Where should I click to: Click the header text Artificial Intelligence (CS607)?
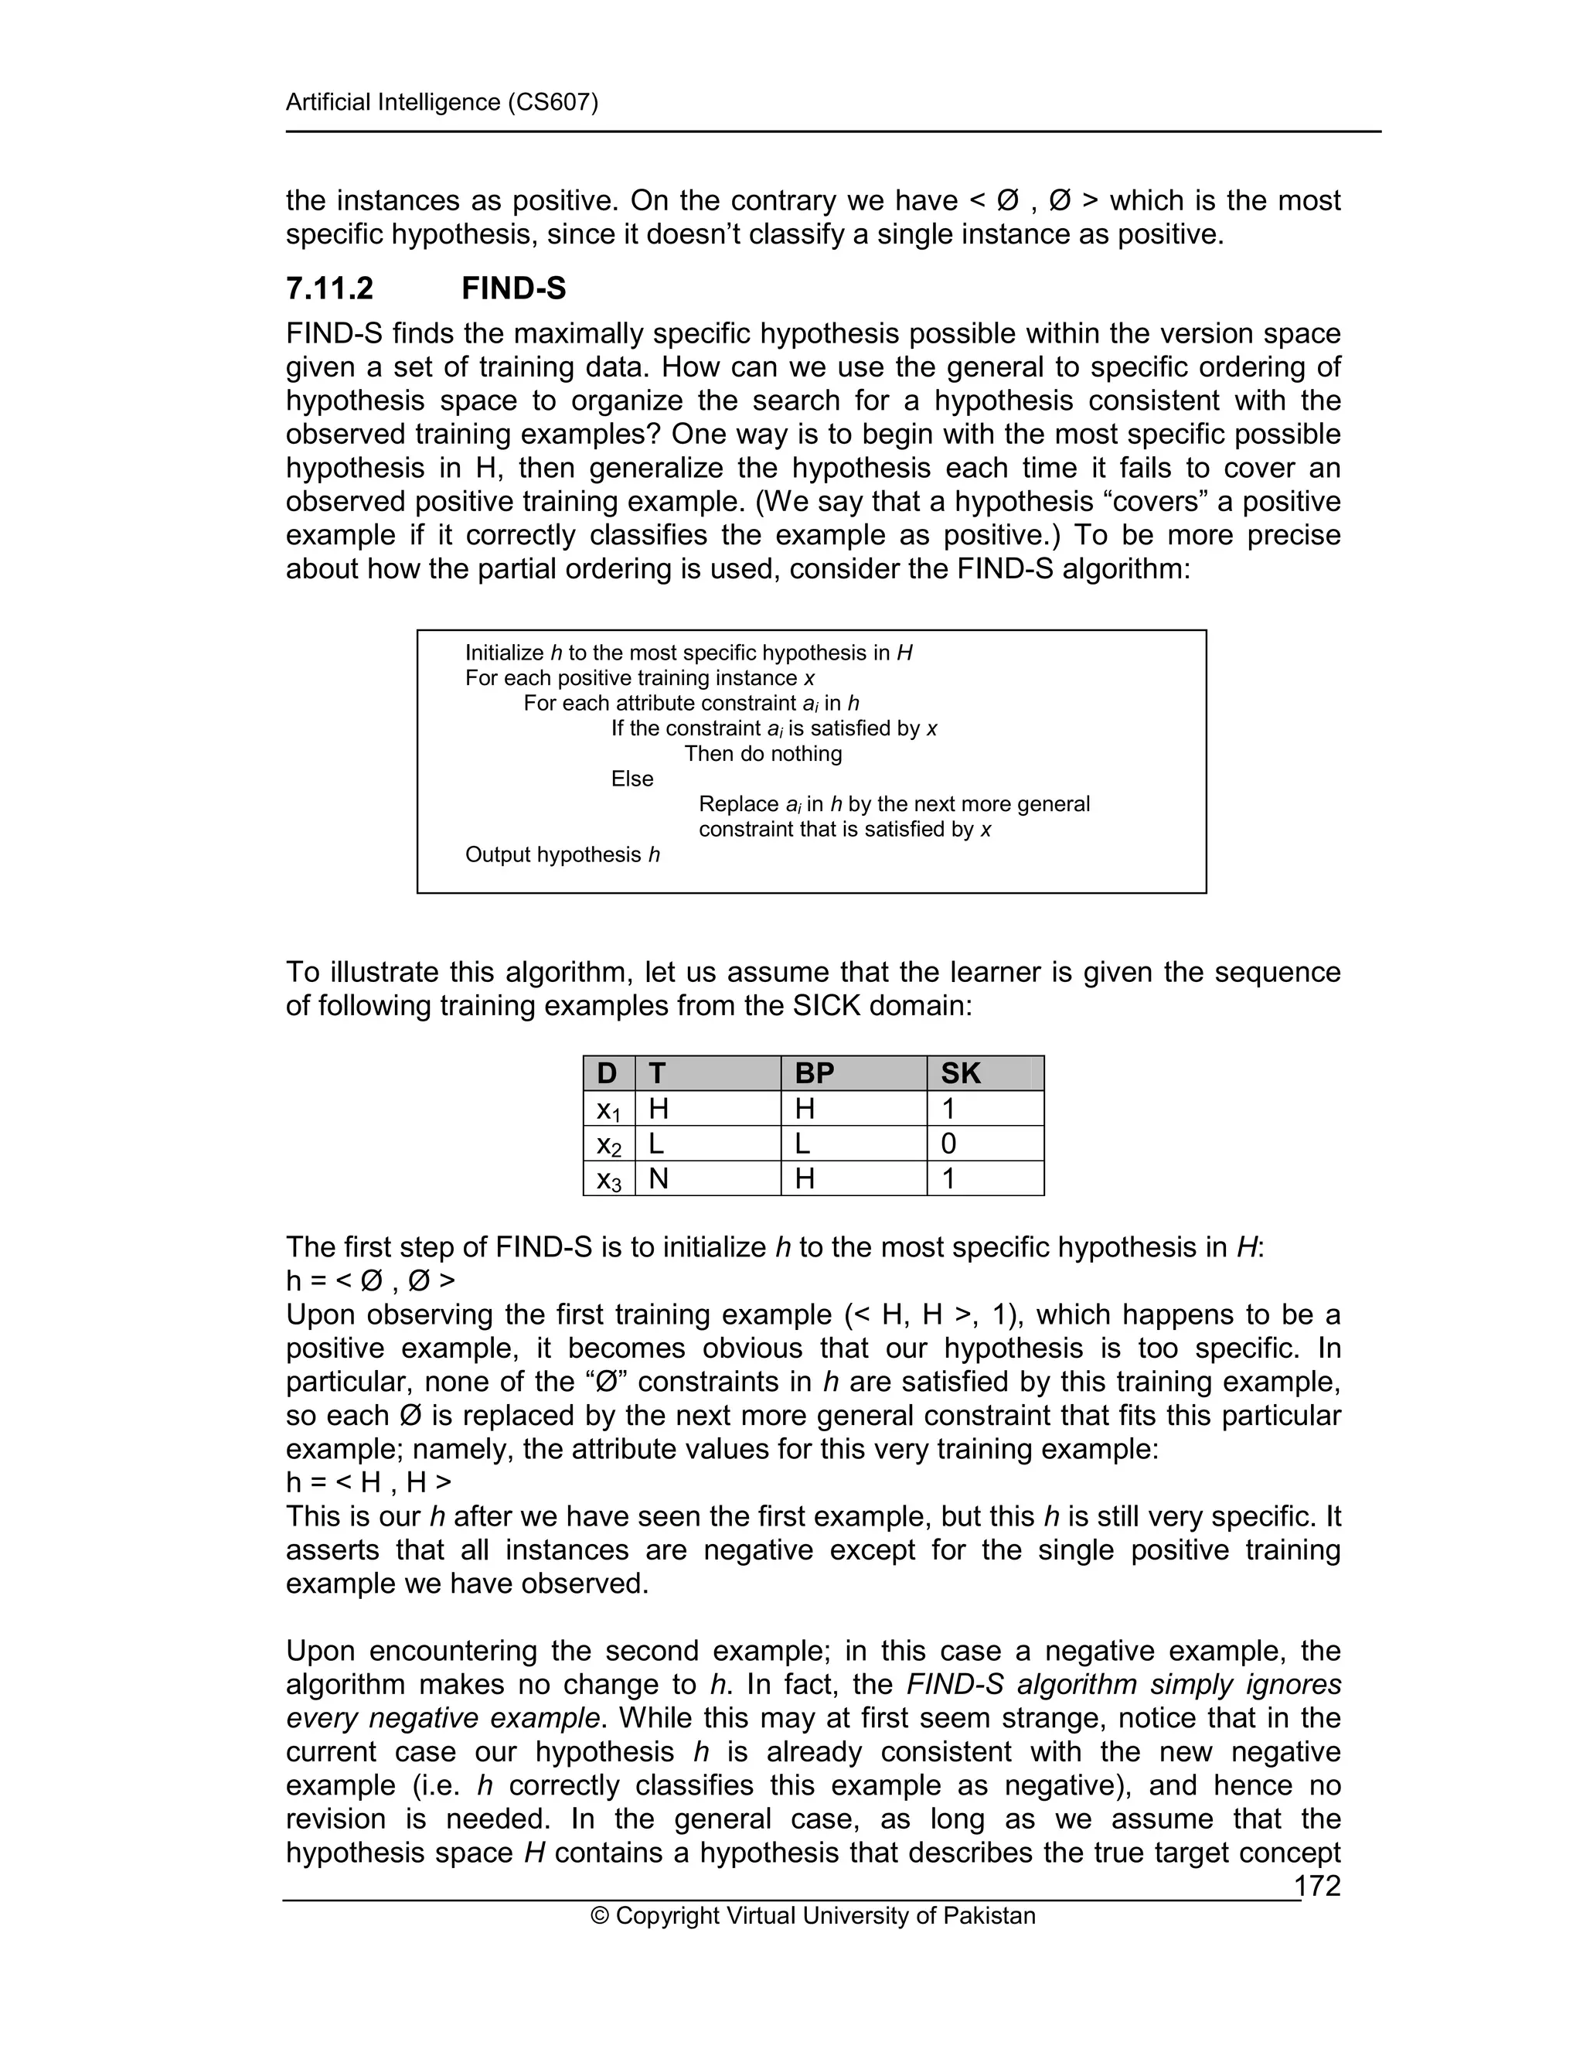pos(441,101)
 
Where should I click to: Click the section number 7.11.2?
pos(329,288)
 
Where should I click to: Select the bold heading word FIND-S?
pos(513,288)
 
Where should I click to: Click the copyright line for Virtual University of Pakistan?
pos(812,1916)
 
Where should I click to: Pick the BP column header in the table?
pos(814,1072)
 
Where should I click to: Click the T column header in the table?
pos(658,1072)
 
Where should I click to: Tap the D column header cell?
pos(607,1072)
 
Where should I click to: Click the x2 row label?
pos(608,1144)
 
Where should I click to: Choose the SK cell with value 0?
pos(948,1143)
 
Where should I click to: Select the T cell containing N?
pos(659,1178)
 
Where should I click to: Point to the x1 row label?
pos(608,1109)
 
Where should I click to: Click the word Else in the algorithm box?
pos(631,779)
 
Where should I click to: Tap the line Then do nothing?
pos(762,753)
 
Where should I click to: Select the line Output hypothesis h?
pos(562,854)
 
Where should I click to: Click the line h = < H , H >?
pos(369,1481)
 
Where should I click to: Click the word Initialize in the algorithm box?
pos(504,653)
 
